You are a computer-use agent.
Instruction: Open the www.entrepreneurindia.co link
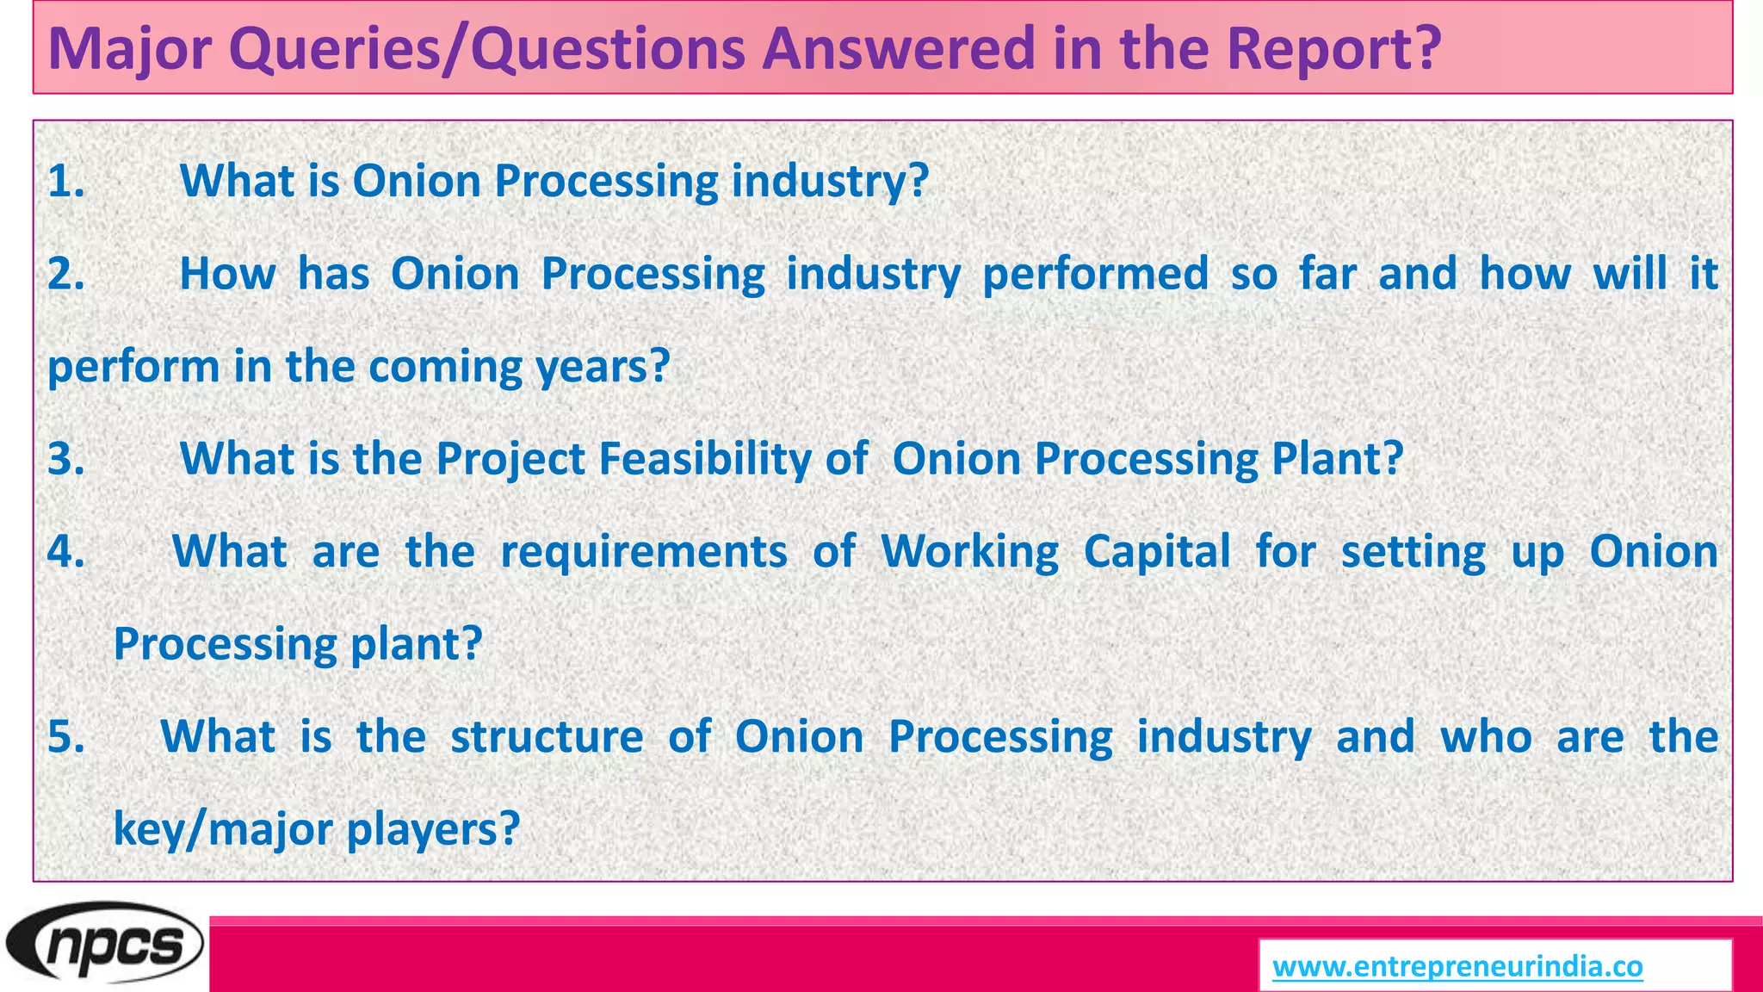click(1457, 966)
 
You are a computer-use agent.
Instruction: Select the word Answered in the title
click(899, 48)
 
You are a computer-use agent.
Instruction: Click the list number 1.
click(66, 182)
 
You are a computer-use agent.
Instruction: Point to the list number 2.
click(66, 274)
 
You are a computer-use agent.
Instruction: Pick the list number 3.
click(66, 459)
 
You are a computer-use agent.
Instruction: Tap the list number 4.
click(66, 551)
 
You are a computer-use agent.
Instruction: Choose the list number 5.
click(66, 737)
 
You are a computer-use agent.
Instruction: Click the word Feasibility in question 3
click(704, 459)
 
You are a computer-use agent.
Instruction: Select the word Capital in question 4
click(1157, 551)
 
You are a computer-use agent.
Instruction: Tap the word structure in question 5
click(547, 737)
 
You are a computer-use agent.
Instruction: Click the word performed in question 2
click(1095, 274)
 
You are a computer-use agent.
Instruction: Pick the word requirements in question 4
click(643, 551)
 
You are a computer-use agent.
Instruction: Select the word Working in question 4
click(969, 551)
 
